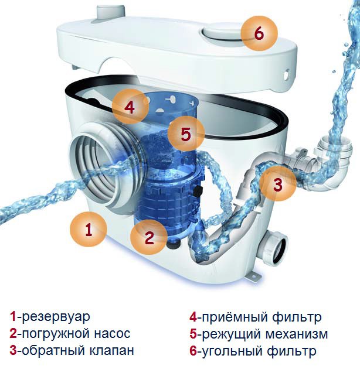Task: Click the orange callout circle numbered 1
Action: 89,229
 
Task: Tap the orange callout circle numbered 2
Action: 149,237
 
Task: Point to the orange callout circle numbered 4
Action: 130,107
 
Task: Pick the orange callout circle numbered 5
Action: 186,134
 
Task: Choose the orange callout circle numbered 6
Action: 259,33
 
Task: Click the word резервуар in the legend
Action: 56,317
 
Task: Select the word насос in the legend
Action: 108,334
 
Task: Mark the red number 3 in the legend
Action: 13,351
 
